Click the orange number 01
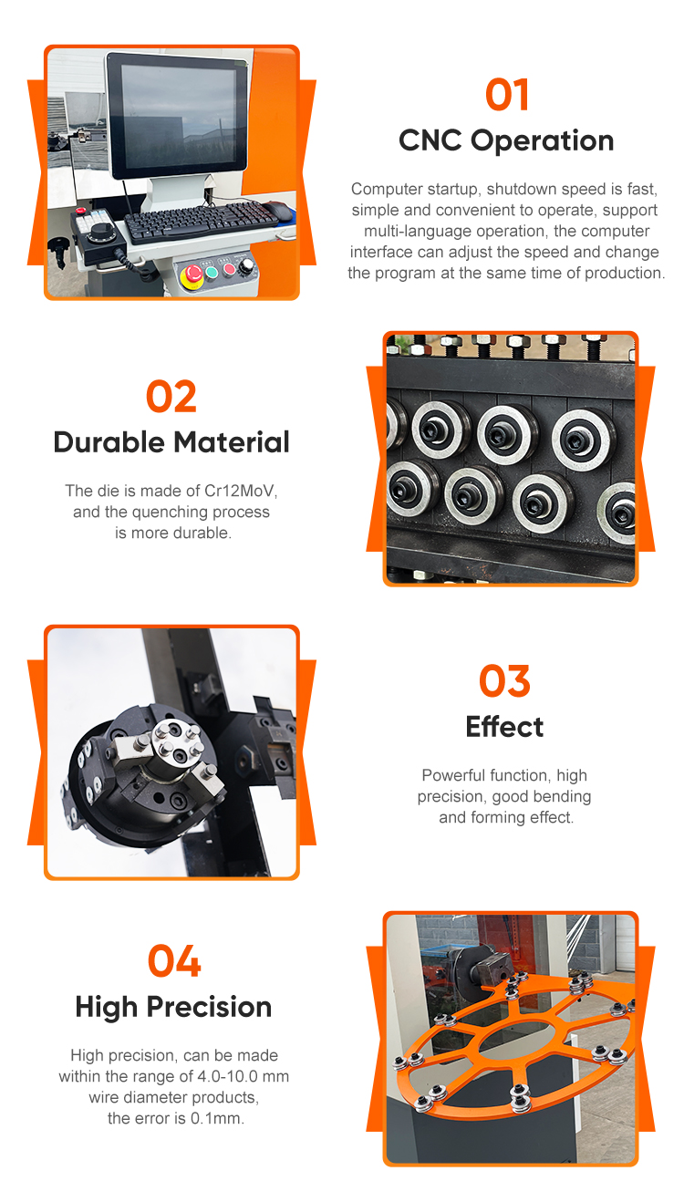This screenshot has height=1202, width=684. pyautogui.click(x=506, y=95)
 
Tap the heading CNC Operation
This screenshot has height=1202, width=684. pyautogui.click(x=506, y=141)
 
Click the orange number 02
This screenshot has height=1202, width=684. pyautogui.click(x=171, y=397)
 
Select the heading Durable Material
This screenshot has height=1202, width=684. pyautogui.click(x=171, y=442)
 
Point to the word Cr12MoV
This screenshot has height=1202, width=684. pyautogui.click(x=241, y=491)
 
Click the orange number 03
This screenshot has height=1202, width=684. pyautogui.click(x=504, y=681)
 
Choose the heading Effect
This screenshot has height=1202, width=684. pyautogui.click(x=504, y=727)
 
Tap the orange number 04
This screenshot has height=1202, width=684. pyautogui.click(x=174, y=961)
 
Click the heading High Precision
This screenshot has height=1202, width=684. pyautogui.click(x=173, y=1007)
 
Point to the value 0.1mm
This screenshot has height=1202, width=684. pyautogui.click(x=217, y=1118)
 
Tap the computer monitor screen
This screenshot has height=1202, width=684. pyautogui.click(x=178, y=116)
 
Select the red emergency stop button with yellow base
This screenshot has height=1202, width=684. pyautogui.click(x=192, y=275)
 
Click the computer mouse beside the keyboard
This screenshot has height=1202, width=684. pyautogui.click(x=278, y=210)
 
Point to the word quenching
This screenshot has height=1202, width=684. pyautogui.click(x=164, y=512)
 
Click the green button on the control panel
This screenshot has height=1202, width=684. pyautogui.click(x=212, y=273)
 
